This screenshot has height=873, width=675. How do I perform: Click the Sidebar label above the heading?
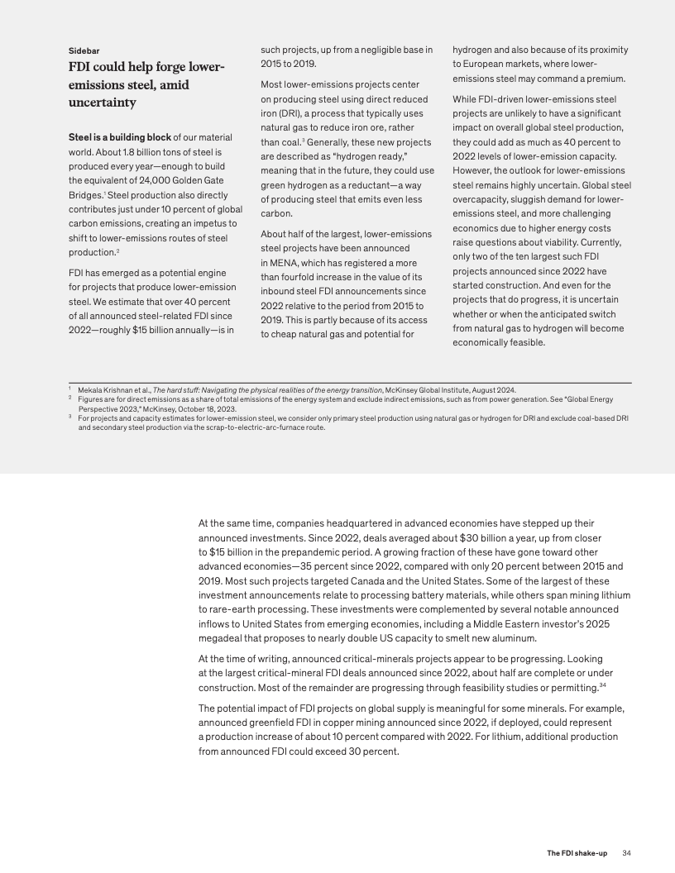coord(85,50)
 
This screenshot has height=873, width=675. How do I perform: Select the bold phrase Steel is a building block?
coord(119,136)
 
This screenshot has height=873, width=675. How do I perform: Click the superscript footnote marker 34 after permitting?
coord(604,685)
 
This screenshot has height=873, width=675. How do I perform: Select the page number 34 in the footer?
coord(626,852)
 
